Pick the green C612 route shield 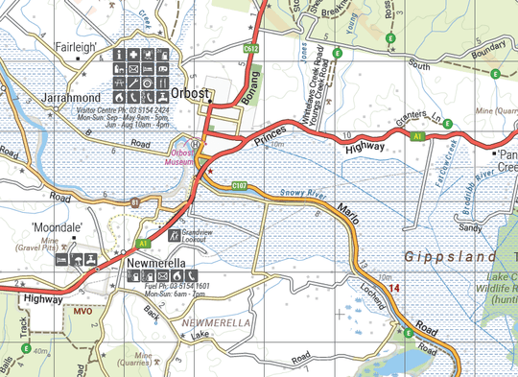pyautogui.click(x=251, y=47)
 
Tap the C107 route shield pyautogui.click(x=240, y=185)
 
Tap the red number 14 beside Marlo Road pyautogui.click(x=393, y=288)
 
